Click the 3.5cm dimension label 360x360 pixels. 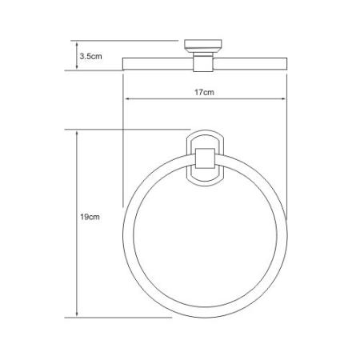point(90,56)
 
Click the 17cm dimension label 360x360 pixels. point(204,92)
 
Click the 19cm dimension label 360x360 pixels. point(90,217)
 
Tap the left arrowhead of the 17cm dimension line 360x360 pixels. point(127,99)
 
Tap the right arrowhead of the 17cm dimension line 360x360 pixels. point(283,99)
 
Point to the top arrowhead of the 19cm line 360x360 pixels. point(77,134)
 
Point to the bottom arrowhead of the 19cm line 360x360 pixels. point(77,314)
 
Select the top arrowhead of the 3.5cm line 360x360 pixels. point(77,44)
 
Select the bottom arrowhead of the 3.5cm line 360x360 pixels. point(77,67)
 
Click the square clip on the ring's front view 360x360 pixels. point(205,158)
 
